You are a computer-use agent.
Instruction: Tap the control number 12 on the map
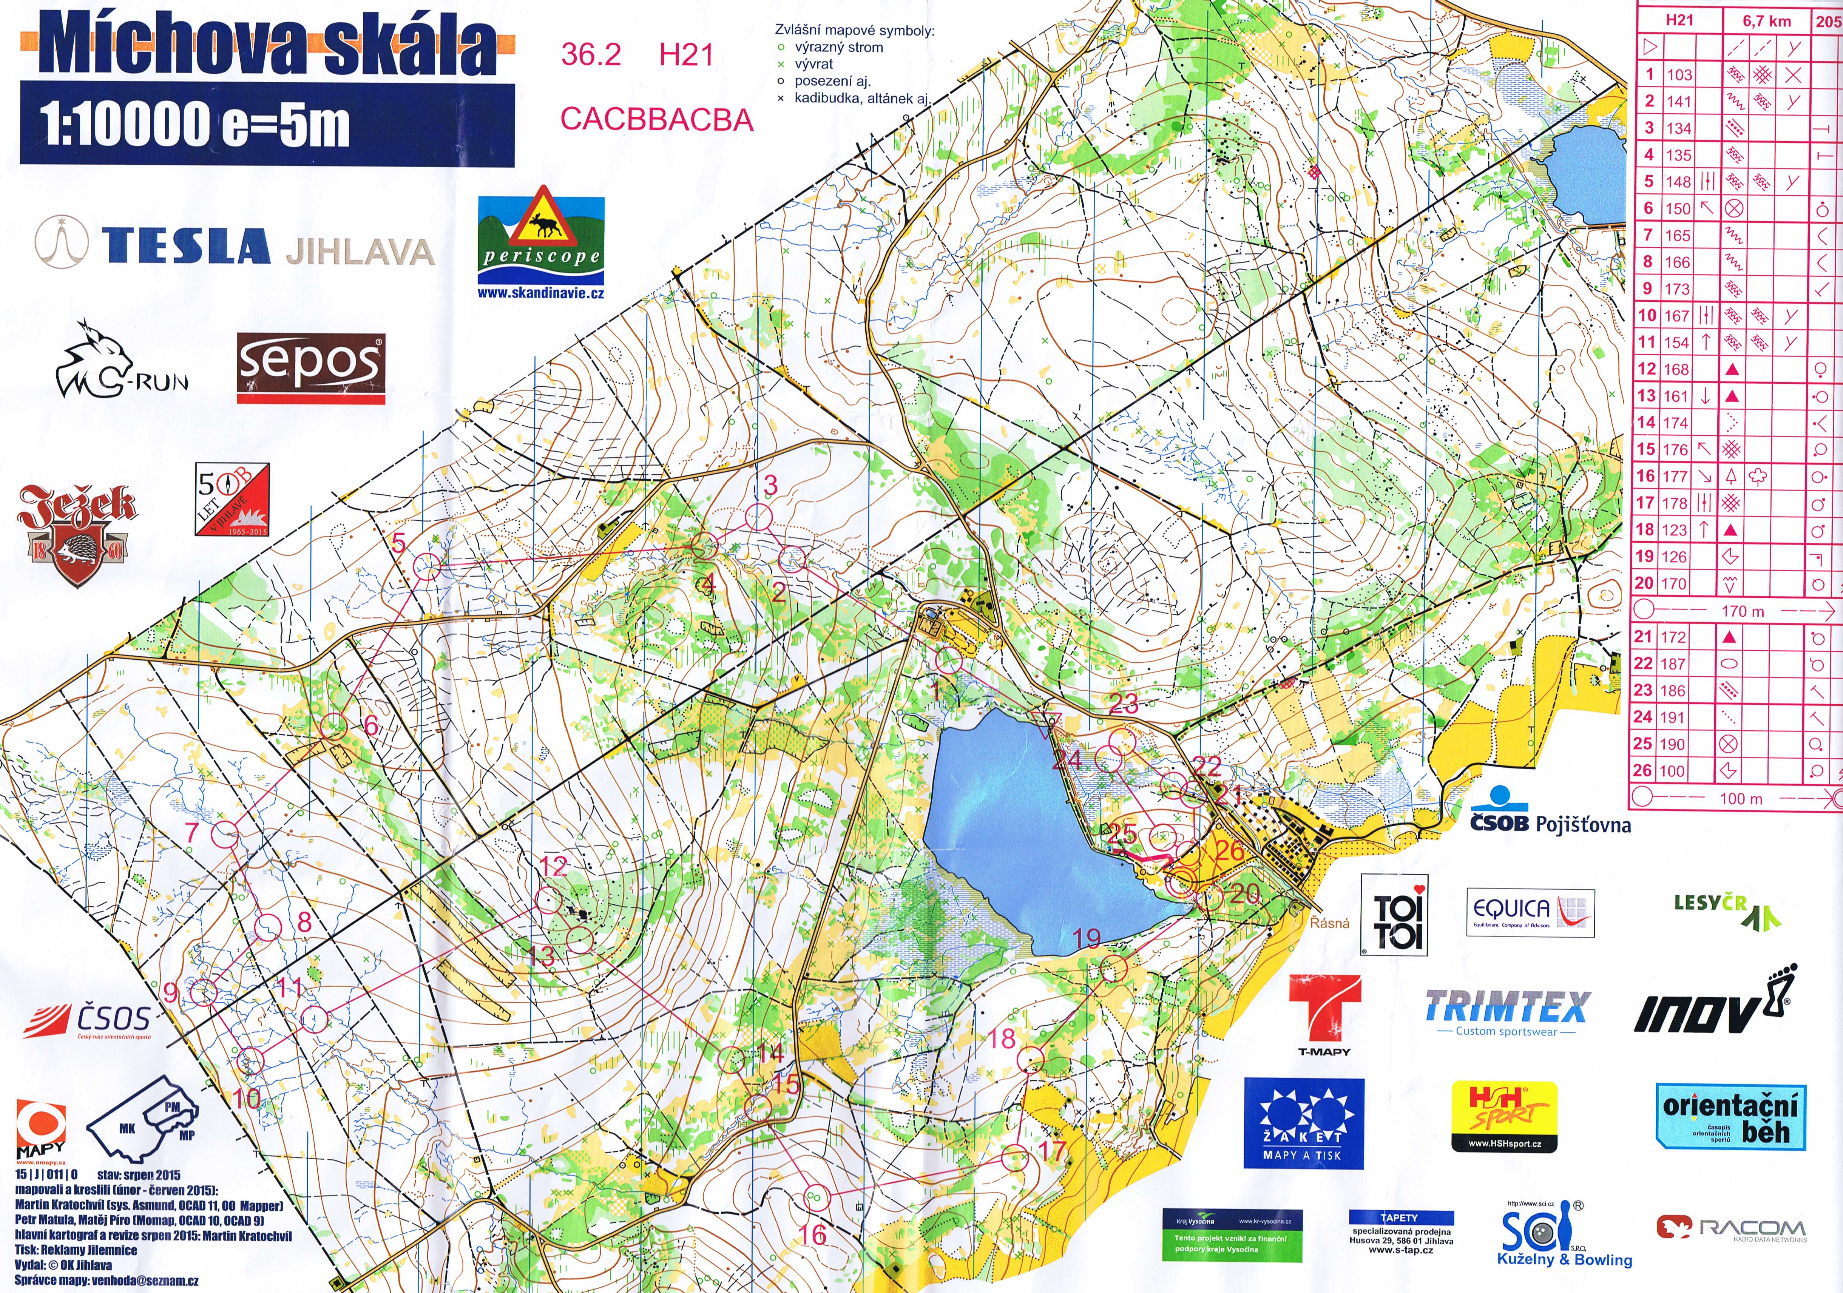coord(554,866)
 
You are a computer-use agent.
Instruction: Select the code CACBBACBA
coord(656,119)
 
